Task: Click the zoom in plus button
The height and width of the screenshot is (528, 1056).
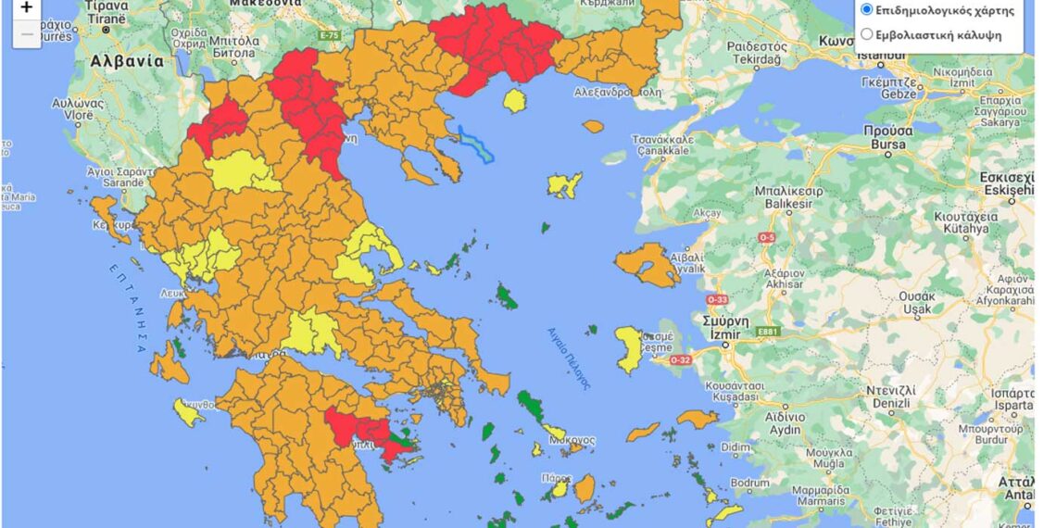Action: (x=26, y=8)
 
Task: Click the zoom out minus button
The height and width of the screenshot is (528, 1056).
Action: (x=26, y=34)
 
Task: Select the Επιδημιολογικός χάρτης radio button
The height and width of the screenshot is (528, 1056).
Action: (x=866, y=10)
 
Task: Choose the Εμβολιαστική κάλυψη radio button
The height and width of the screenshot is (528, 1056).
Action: (x=866, y=34)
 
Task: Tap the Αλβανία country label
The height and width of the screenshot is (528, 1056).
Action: (x=127, y=62)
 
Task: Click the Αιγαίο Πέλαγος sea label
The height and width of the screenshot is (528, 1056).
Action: (x=567, y=358)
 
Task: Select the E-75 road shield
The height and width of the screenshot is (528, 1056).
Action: (x=330, y=35)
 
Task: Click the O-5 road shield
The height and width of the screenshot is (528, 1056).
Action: (x=766, y=238)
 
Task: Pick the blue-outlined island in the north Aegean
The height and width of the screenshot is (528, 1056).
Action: (x=476, y=145)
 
